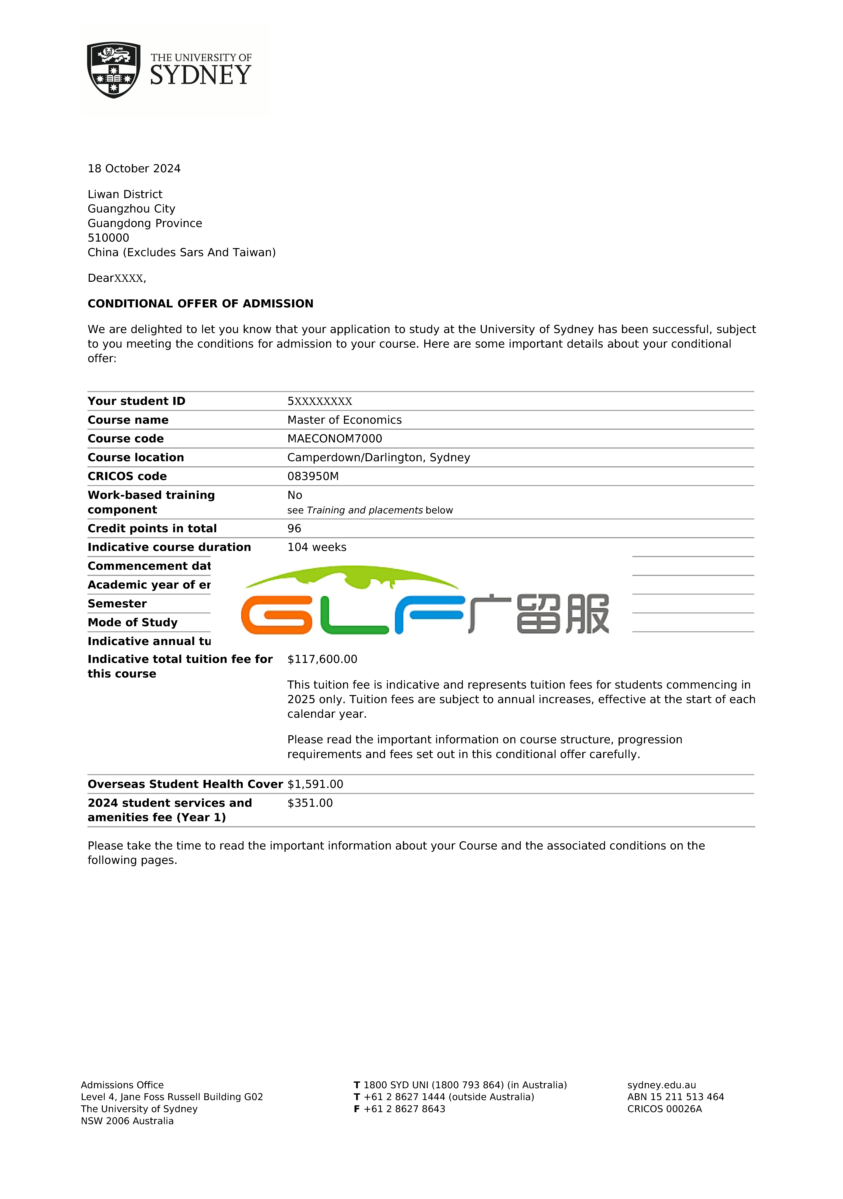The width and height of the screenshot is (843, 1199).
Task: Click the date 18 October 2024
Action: (x=134, y=169)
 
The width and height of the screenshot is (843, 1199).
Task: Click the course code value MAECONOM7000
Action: (x=335, y=439)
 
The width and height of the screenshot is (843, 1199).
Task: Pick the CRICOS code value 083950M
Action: (x=313, y=476)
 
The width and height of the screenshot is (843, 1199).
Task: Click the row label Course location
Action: (x=136, y=457)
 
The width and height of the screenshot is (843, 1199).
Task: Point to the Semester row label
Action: (x=117, y=604)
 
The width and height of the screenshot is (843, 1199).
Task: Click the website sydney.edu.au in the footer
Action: (x=661, y=1085)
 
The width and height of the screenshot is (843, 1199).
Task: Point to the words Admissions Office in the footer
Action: (x=122, y=1085)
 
